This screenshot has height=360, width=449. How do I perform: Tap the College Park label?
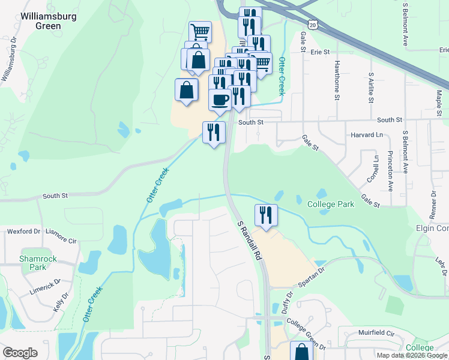click(330, 204)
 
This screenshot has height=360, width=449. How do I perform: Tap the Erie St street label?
click(321, 52)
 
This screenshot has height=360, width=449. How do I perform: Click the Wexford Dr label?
click(23, 231)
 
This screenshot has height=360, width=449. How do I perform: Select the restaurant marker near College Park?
click(265, 215)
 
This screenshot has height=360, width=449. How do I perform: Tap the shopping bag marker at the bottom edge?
click(301, 352)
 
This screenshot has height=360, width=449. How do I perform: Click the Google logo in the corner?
click(20, 353)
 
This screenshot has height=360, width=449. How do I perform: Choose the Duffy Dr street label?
click(287, 304)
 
